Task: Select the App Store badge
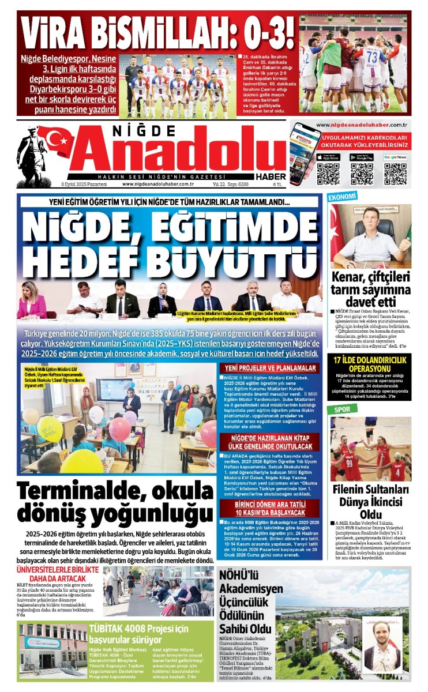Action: pos(328,157)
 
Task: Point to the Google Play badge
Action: pos(361,157)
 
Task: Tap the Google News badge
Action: pos(395,157)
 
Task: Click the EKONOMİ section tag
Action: pos(343,197)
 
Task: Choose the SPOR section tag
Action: pos(338,409)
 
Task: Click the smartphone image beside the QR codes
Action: pos(304,152)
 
